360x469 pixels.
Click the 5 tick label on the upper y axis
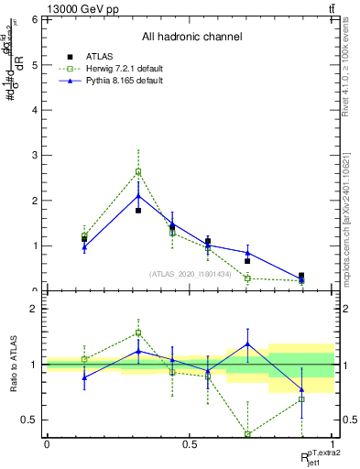34,65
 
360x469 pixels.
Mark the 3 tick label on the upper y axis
34,156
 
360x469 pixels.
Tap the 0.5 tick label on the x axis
190,444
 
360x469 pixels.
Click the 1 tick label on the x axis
333,444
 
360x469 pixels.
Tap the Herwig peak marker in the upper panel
138,171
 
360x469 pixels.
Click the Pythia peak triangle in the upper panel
138,195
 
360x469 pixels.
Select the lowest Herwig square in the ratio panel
247,434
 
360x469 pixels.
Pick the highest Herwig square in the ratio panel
138,333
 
